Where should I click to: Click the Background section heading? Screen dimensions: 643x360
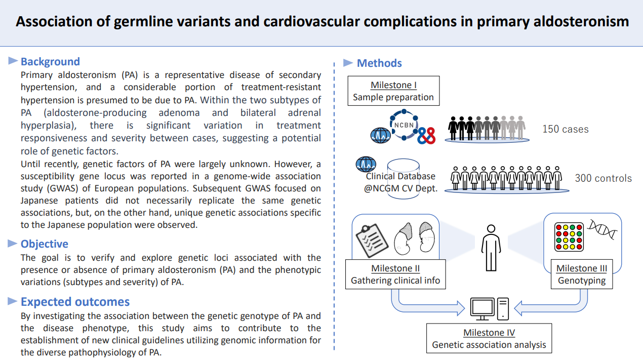click(50, 62)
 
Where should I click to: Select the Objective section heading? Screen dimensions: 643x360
click(45, 244)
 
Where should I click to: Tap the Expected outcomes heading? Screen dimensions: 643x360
click(75, 302)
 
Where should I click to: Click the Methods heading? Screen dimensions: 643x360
click(379, 63)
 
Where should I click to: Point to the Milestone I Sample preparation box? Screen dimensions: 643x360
click(393, 91)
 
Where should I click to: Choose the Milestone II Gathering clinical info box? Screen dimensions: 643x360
click(395, 274)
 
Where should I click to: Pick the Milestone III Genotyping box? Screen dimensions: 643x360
click(582, 274)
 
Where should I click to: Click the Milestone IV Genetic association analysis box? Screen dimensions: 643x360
click(489, 338)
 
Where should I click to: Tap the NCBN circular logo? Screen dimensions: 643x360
click(404, 125)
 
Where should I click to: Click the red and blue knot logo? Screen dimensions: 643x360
click(427, 136)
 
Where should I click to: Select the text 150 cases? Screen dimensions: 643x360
click(566, 129)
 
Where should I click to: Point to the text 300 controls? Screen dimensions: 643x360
click(604, 178)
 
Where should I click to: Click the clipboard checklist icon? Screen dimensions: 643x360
click(372, 241)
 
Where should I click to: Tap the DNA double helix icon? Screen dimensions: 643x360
click(602, 229)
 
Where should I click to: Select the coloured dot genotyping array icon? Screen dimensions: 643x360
click(569, 237)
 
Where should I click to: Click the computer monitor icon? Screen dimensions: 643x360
click(482, 309)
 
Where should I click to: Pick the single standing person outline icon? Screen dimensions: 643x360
click(491, 248)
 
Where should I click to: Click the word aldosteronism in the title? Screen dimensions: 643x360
click(581, 22)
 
